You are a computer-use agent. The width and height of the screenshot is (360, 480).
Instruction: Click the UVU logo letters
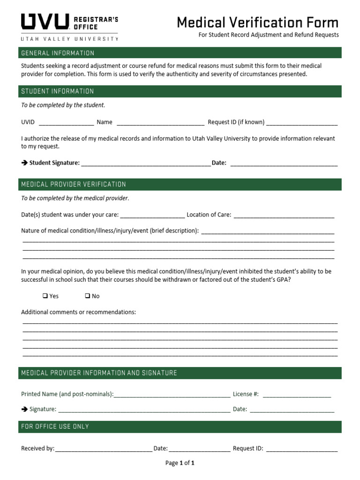(x=45, y=22)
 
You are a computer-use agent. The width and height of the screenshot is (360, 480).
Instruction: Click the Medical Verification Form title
(x=257, y=22)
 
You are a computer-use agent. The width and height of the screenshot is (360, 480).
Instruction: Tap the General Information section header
(x=58, y=53)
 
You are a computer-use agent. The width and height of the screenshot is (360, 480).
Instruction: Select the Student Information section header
(x=58, y=91)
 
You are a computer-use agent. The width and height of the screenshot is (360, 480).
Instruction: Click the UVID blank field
(x=66, y=123)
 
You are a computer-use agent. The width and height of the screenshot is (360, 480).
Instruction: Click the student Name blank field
(x=160, y=123)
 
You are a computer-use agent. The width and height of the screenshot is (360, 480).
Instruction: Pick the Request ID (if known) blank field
(x=301, y=123)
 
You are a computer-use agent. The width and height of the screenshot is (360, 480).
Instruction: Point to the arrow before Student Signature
(x=24, y=163)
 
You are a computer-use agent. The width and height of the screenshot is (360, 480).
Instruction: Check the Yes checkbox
(x=45, y=296)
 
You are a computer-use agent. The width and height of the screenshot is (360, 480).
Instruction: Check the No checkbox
(x=88, y=296)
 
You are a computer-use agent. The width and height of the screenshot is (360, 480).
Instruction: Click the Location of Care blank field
(x=284, y=216)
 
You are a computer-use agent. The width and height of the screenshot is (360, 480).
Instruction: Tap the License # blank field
(x=297, y=395)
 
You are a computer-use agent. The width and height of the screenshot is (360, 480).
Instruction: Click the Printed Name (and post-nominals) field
(x=172, y=395)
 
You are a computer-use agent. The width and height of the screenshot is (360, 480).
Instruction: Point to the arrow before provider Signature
(x=24, y=409)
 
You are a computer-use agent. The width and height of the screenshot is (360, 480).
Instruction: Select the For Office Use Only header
(x=55, y=427)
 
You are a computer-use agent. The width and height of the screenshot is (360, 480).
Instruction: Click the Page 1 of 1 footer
(x=180, y=463)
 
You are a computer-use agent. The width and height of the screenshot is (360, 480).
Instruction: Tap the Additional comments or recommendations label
(x=78, y=312)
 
